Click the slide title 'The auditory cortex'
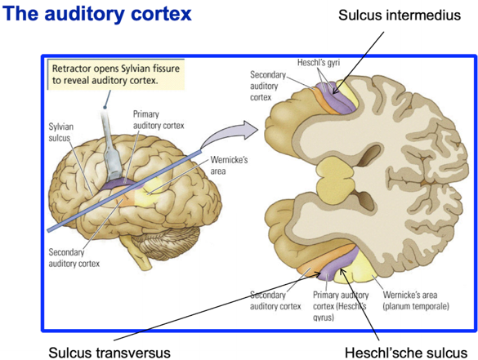click(x=97, y=14)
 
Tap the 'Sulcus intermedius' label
click(x=400, y=15)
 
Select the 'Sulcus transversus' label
click(x=109, y=353)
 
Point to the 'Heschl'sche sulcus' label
click(x=406, y=353)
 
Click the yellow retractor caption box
click(x=116, y=74)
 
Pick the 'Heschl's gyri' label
click(x=319, y=63)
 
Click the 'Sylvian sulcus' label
click(x=61, y=132)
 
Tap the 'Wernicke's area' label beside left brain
click(x=229, y=166)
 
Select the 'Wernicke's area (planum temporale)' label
click(x=416, y=300)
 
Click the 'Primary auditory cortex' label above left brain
click(x=159, y=120)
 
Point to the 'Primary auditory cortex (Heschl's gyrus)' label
click(x=341, y=306)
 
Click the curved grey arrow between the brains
click(x=229, y=133)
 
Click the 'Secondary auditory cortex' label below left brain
click(x=74, y=258)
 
